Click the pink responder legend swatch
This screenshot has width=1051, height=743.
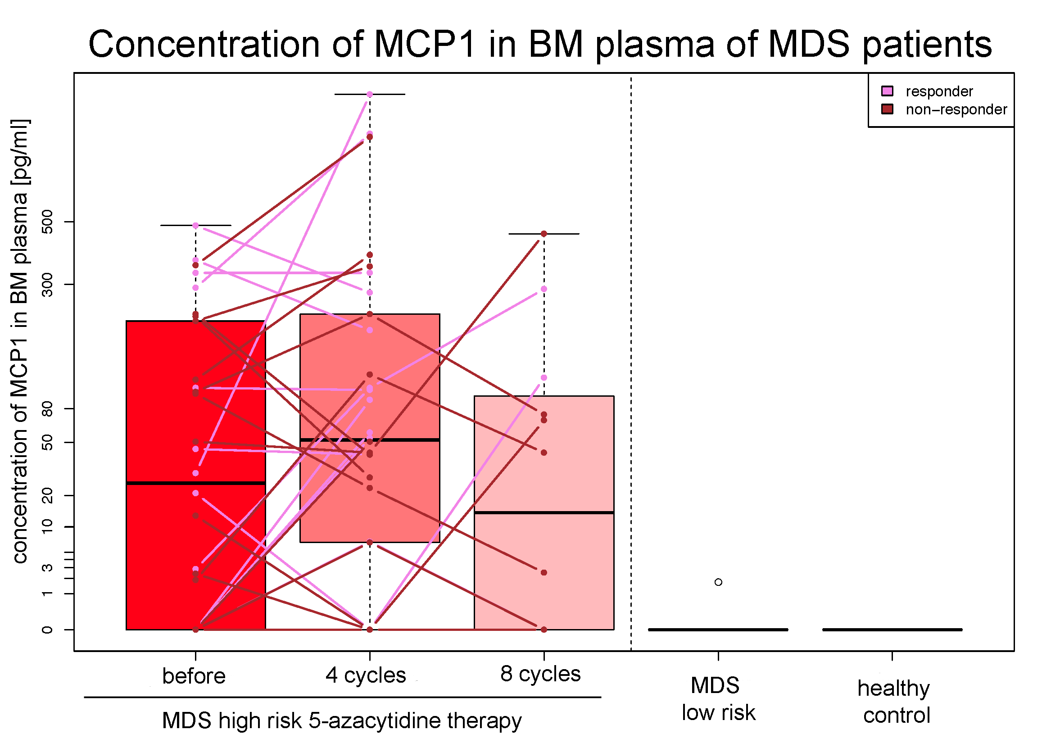[887, 91]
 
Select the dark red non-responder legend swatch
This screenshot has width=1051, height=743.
[887, 109]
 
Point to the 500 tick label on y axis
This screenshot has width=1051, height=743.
[47, 222]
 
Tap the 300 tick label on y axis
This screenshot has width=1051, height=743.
[47, 284]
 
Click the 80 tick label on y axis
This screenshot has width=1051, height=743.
[47, 408]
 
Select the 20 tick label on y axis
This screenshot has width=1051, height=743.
[47, 496]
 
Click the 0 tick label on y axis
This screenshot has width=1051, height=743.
[47, 630]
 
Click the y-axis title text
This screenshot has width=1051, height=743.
[20, 341]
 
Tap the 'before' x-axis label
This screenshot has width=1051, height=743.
[194, 676]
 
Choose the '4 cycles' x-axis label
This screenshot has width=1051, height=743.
[366, 675]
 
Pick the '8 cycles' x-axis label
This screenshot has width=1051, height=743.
[540, 674]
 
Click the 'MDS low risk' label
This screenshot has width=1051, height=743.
[718, 699]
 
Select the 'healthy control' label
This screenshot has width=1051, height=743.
[894, 702]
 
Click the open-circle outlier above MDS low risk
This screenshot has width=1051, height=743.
[718, 582]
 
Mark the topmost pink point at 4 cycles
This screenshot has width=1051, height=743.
[370, 95]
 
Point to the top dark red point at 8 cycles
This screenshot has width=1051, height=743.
[544, 234]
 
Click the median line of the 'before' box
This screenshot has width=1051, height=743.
[196, 484]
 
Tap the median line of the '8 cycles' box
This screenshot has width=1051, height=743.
[544, 513]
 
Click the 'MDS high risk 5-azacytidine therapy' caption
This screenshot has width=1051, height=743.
[341, 720]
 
